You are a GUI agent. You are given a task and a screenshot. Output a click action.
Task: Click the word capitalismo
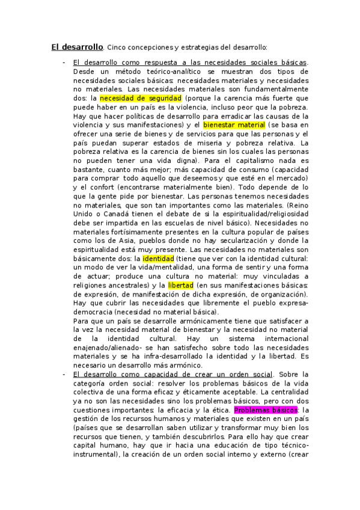pyautogui.click(x=248, y=161)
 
